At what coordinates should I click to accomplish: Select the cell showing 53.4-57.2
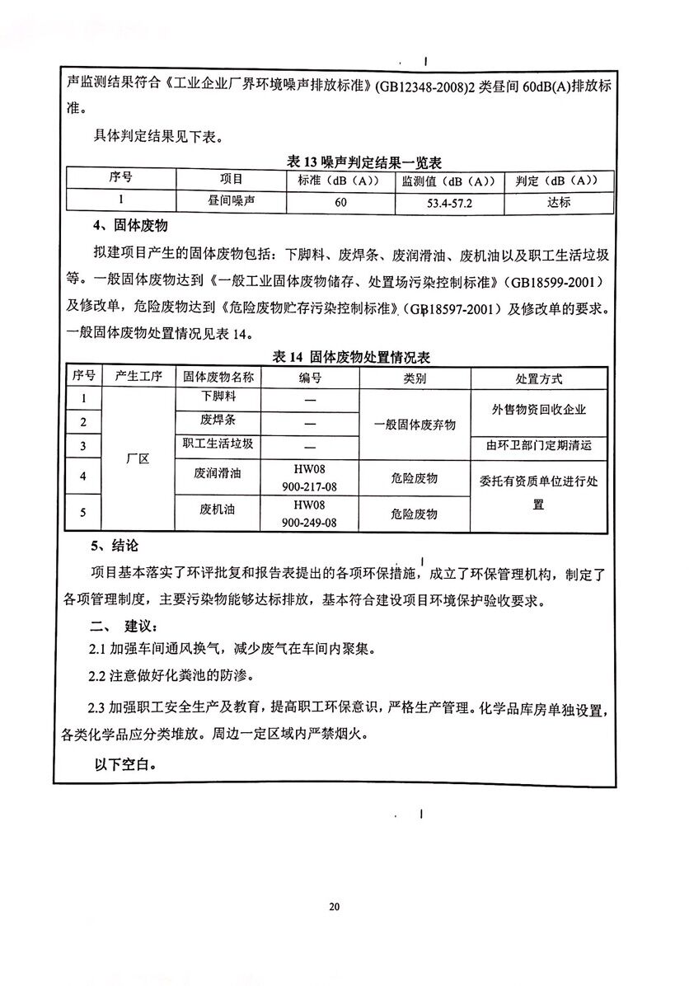tap(449, 202)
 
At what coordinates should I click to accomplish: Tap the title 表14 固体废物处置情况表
tap(352, 357)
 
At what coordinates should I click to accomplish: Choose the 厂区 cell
tap(138, 459)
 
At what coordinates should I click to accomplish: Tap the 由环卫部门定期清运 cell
tap(539, 447)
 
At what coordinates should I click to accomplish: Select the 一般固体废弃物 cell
tap(415, 424)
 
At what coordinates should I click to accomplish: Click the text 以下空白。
tap(125, 764)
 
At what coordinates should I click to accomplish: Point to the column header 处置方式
tap(539, 378)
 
